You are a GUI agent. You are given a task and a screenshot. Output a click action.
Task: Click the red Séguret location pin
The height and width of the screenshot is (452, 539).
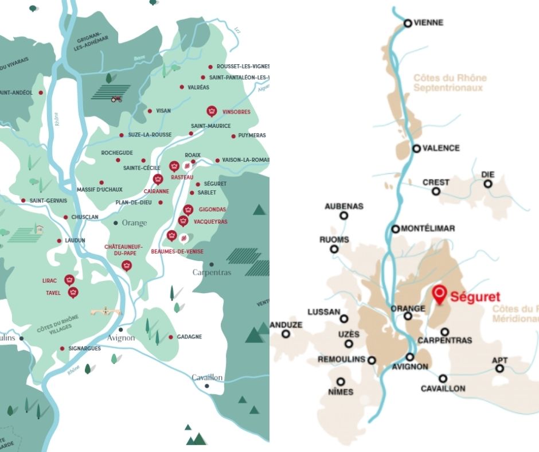point(439,294)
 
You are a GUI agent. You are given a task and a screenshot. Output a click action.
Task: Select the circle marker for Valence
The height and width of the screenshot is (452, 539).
point(417,149)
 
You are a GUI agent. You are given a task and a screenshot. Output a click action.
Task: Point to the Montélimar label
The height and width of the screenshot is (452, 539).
point(428,228)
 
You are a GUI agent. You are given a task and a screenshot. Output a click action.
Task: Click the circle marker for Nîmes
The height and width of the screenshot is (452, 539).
point(341,381)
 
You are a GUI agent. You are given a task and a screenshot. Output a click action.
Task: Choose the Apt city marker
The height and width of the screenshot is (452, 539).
point(500,368)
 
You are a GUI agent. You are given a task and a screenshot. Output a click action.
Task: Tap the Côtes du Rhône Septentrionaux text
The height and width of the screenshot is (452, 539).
point(450,83)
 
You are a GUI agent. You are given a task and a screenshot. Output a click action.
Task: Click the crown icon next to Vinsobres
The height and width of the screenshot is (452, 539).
point(211,111)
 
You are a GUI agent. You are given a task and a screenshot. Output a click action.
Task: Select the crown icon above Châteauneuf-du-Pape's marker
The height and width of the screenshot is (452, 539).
point(127,265)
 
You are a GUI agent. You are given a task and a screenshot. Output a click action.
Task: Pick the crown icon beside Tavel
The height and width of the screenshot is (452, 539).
point(73,293)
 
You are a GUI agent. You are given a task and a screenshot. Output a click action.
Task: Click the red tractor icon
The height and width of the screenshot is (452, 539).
point(116,99)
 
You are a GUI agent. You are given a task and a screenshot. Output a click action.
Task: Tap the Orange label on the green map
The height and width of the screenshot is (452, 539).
point(134,223)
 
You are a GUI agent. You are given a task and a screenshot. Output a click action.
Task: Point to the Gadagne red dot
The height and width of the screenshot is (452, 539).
point(171,337)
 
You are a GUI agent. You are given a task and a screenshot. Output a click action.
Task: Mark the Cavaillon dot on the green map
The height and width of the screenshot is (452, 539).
point(207,386)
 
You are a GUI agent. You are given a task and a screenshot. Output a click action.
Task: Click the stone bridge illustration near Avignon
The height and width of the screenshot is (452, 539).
point(103,311)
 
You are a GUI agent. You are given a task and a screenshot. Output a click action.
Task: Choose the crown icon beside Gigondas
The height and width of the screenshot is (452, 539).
point(188,210)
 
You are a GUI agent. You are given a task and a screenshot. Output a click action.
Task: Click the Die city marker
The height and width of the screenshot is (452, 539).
point(488,184)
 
